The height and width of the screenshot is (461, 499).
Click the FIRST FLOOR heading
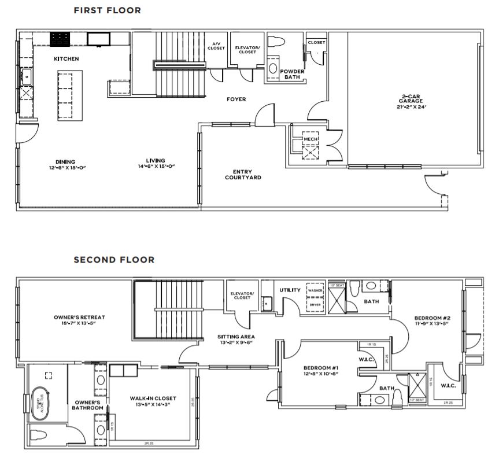(x=107, y=10)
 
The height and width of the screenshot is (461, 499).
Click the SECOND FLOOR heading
(x=114, y=260)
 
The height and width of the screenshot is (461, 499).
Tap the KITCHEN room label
(x=66, y=59)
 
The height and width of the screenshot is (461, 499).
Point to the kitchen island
(x=68, y=95)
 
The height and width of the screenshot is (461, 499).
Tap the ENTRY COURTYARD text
(x=242, y=174)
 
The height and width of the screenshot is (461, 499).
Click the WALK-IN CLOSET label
(x=153, y=398)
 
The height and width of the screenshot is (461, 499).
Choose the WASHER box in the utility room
(x=315, y=290)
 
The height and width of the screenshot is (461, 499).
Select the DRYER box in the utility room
(x=315, y=304)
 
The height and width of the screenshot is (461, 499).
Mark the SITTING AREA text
(x=236, y=336)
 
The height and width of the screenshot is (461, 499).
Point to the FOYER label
(x=236, y=99)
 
